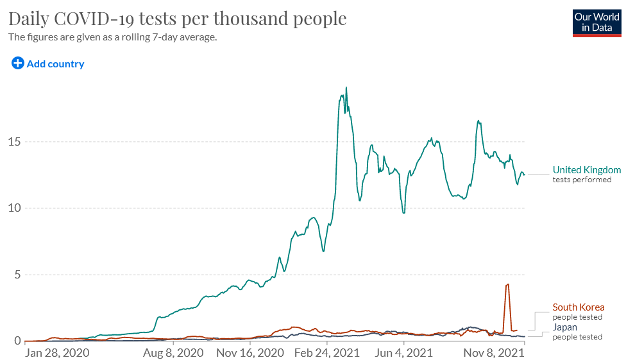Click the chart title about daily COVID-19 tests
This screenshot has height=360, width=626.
pyautogui.click(x=178, y=19)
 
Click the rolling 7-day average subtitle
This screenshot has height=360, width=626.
pyautogui.click(x=112, y=37)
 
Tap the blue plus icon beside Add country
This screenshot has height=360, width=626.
pyautogui.click(x=17, y=63)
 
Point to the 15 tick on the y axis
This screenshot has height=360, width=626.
pyautogui.click(x=14, y=141)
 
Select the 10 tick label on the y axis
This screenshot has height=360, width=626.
pyautogui.click(x=14, y=208)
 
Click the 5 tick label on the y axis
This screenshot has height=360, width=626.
pyautogui.click(x=17, y=275)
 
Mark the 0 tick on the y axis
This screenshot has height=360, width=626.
pyautogui.click(x=17, y=341)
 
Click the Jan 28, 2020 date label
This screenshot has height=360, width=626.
pyautogui.click(x=57, y=353)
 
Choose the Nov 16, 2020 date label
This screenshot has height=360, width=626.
pyautogui.click(x=250, y=353)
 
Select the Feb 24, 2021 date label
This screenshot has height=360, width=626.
pyautogui.click(x=326, y=353)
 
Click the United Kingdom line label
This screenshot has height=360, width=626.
pyautogui.click(x=587, y=170)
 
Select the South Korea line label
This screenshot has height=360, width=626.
pyautogui.click(x=579, y=307)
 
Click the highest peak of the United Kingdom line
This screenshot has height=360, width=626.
pyautogui.click(x=346, y=88)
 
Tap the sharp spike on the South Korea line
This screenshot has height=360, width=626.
pyautogui.click(x=507, y=284)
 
